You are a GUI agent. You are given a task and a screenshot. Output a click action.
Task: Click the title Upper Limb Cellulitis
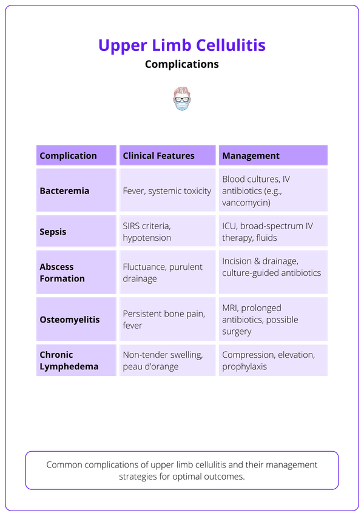coord(182,45)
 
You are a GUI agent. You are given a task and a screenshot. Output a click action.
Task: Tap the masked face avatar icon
coord(181,99)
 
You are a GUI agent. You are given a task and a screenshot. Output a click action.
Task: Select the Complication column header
coord(68,156)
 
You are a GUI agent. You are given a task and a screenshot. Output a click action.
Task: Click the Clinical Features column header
coord(158,156)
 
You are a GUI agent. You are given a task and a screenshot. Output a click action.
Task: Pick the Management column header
coord(251,156)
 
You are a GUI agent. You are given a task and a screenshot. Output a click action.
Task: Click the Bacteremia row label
coord(64,191)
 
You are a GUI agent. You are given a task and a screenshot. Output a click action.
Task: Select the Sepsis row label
coord(53,232)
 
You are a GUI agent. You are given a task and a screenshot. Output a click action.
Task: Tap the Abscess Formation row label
coord(62,273)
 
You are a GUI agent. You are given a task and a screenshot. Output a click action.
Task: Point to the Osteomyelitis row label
coord(69,320)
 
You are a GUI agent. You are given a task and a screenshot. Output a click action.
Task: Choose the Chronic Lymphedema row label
coord(64,360)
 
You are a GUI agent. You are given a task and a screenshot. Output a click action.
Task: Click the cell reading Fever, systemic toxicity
coord(167,191)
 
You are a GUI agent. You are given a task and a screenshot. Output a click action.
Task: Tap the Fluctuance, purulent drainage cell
coord(163,273)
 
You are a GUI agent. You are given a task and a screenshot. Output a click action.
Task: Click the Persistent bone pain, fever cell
coord(164,320)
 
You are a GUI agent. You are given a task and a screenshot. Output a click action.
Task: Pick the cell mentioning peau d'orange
coord(150,366)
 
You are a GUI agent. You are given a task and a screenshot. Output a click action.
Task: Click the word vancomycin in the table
coord(246,203)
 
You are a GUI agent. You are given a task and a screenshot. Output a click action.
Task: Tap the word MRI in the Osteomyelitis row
coord(231,308)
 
